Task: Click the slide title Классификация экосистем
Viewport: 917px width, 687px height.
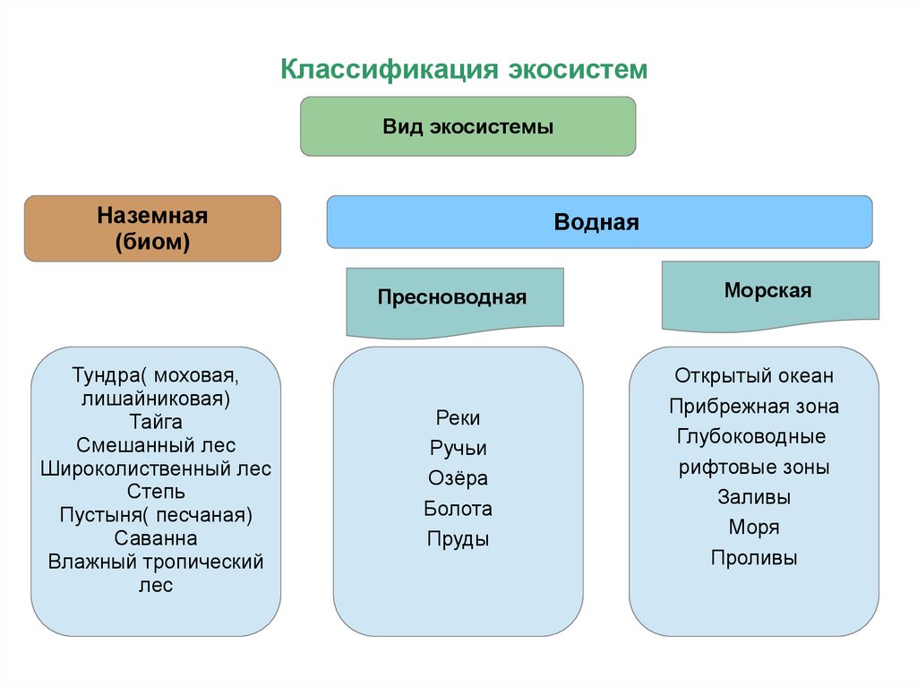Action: pos(464,70)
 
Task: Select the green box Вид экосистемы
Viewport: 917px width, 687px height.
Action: pos(467,126)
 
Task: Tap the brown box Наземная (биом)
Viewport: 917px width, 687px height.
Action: pos(152,228)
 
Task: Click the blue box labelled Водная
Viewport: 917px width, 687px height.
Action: pos(598,222)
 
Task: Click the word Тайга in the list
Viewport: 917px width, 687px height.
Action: pos(155,421)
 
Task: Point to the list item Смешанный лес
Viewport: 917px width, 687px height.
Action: pos(156,445)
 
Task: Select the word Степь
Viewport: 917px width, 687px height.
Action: pos(156,492)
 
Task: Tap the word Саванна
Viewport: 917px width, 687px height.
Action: pos(156,538)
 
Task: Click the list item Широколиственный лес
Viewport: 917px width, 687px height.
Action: pos(156,468)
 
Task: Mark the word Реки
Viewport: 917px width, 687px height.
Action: pos(458,417)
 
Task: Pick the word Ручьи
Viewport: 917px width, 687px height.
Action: pos(458,448)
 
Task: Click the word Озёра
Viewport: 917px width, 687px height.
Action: pos(458,478)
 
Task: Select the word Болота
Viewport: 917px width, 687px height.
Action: pos(458,509)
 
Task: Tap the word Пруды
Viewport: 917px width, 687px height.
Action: pos(458,539)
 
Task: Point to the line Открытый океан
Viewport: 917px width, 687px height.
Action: pos(754,375)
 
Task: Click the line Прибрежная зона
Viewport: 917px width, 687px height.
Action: pos(754,407)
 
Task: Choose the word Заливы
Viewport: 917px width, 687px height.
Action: pos(754,497)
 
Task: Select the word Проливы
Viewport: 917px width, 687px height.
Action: pos(754,558)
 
